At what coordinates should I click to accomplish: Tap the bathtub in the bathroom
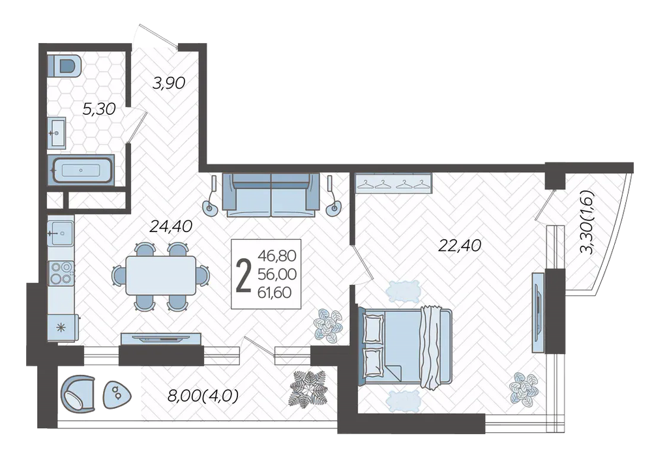pos(82,170)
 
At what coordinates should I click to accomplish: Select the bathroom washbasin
pos(56,132)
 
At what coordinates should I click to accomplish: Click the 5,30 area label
pos(99,110)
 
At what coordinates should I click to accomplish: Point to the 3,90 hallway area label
pos(168,83)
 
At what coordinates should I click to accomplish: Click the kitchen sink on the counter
pos(61,233)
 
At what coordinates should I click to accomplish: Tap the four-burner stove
pos(61,273)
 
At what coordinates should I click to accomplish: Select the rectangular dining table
pos(161,276)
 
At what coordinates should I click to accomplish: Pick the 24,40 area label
pos(171,226)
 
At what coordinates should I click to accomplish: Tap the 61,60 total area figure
pos(275,293)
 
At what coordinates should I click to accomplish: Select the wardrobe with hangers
pos(393,183)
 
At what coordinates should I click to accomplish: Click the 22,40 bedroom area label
pos(460,245)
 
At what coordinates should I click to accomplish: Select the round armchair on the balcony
pos(78,394)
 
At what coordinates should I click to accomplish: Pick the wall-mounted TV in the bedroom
pos(539,313)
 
